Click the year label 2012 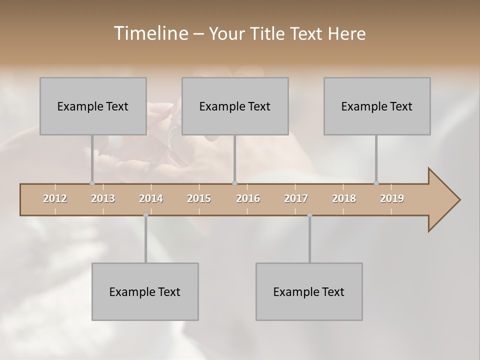point(55,198)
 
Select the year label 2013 point(103,198)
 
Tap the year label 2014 point(151,198)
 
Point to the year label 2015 point(199,198)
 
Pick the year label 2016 point(248,198)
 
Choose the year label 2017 point(296,198)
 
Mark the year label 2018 point(344,198)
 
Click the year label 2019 point(392,198)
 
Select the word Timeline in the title point(149,33)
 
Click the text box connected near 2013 point(93,106)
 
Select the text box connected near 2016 point(235,106)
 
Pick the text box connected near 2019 point(377,106)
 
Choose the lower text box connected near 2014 point(145,291)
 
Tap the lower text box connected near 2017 point(309,291)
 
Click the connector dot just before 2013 point(92,183)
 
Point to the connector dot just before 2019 point(376,183)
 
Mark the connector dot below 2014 point(145,215)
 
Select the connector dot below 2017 point(309,215)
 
